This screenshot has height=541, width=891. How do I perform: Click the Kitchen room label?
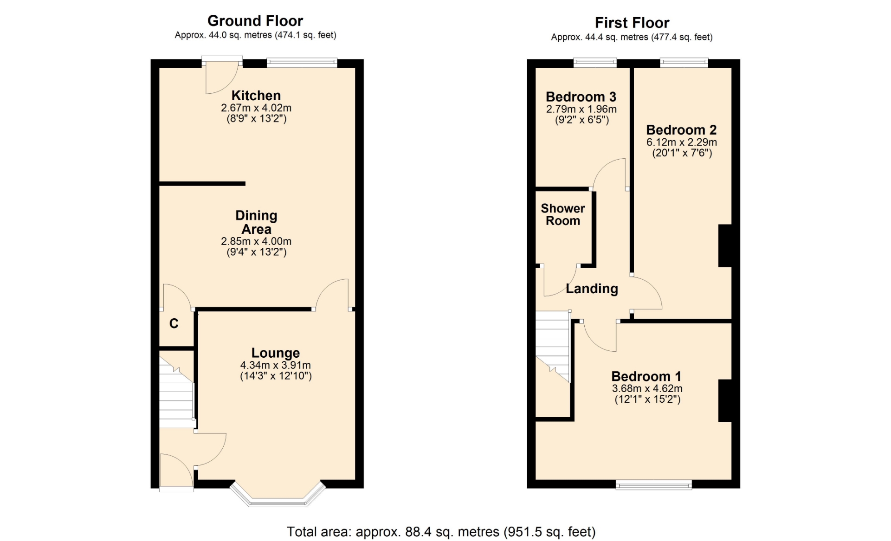pyautogui.click(x=256, y=96)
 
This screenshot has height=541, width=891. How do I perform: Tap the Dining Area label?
pyautogui.click(x=256, y=222)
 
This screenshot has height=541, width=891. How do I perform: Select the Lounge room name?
pyautogui.click(x=276, y=353)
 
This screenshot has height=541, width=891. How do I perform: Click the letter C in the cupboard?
pyautogui.click(x=174, y=323)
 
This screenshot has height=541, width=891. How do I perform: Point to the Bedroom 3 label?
pyautogui.click(x=581, y=97)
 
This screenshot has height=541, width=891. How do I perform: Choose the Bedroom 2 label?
pyautogui.click(x=681, y=130)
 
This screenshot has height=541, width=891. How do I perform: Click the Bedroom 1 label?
pyautogui.click(x=646, y=376)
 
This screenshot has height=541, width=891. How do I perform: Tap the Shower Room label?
pyautogui.click(x=563, y=214)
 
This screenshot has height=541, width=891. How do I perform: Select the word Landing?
pyautogui.click(x=592, y=289)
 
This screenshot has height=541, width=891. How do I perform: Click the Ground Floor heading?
pyautogui.click(x=255, y=21)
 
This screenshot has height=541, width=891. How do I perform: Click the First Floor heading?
pyautogui.click(x=632, y=23)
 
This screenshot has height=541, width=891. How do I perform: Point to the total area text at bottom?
pyautogui.click(x=441, y=532)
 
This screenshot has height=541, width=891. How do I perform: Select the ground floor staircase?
pyautogui.click(x=177, y=389)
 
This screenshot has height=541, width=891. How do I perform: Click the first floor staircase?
pyautogui.click(x=553, y=346)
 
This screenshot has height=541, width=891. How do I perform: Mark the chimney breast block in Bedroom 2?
pyautogui.click(x=725, y=246)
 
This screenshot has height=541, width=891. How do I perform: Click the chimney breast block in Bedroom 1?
pyautogui.click(x=725, y=401)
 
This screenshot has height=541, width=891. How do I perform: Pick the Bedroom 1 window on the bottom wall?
pyautogui.click(x=654, y=485)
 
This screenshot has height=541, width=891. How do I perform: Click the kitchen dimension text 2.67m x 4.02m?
pyautogui.click(x=256, y=108)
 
